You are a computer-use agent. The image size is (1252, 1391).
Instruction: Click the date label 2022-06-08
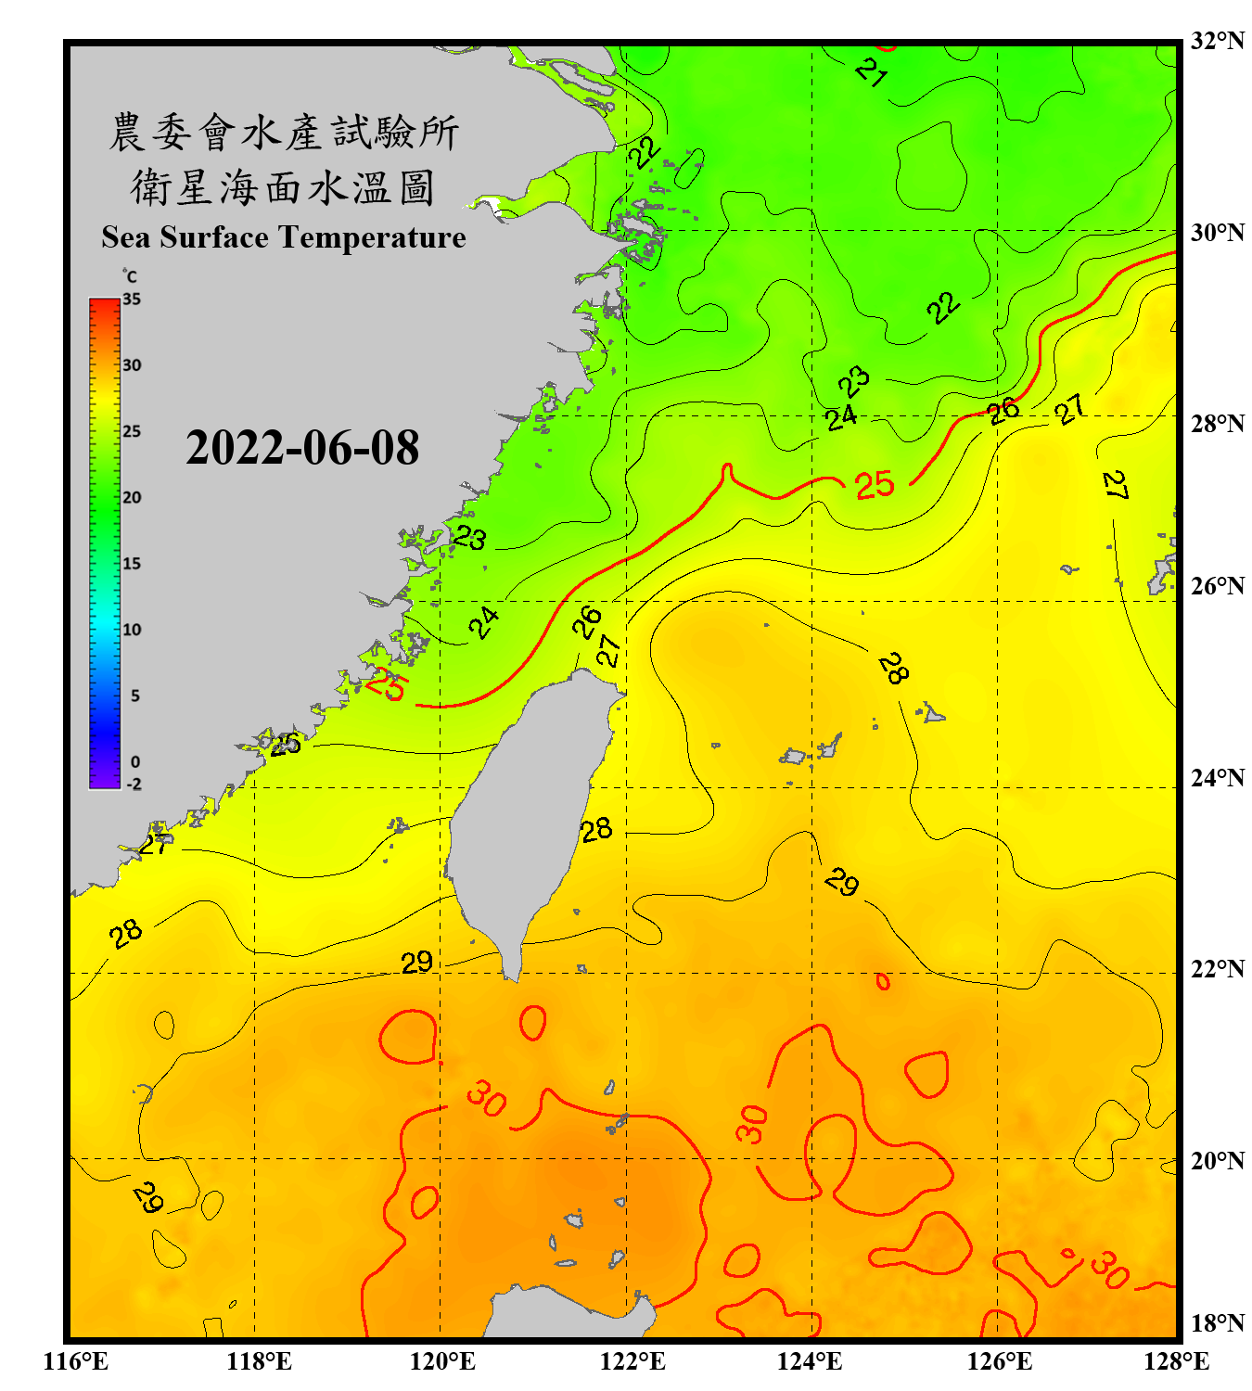point(302,448)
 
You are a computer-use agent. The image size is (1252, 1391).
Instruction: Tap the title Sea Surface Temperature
point(284,237)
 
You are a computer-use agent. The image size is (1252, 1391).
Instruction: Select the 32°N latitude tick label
point(1217,41)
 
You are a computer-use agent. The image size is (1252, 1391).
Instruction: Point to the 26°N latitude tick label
point(1217,586)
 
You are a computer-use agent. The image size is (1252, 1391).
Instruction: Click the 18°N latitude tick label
point(1217,1322)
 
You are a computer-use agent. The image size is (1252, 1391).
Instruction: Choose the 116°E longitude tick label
point(76,1361)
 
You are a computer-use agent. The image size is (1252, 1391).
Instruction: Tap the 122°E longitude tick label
point(632,1361)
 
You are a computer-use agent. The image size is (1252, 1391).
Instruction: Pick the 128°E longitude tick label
point(1176,1361)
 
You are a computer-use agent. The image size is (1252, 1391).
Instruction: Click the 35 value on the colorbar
point(132,300)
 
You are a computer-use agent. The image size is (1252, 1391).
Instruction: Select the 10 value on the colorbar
point(132,630)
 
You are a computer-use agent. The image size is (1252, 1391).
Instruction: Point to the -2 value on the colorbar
point(134,785)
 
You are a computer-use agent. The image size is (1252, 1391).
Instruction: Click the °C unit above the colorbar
point(130,276)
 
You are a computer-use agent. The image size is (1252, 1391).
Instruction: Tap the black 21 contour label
point(871,71)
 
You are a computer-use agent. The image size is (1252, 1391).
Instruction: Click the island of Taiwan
point(529,816)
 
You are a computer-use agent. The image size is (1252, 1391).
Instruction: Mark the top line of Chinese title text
point(284,133)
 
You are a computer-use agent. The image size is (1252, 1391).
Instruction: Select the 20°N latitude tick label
point(1217,1160)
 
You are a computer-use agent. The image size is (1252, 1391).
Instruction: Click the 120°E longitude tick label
point(442,1361)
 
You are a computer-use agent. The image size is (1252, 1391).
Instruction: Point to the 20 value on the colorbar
point(132,498)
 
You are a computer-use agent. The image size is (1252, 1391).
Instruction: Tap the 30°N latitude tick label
point(1217,232)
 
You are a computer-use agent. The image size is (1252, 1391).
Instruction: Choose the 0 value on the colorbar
point(135,762)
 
